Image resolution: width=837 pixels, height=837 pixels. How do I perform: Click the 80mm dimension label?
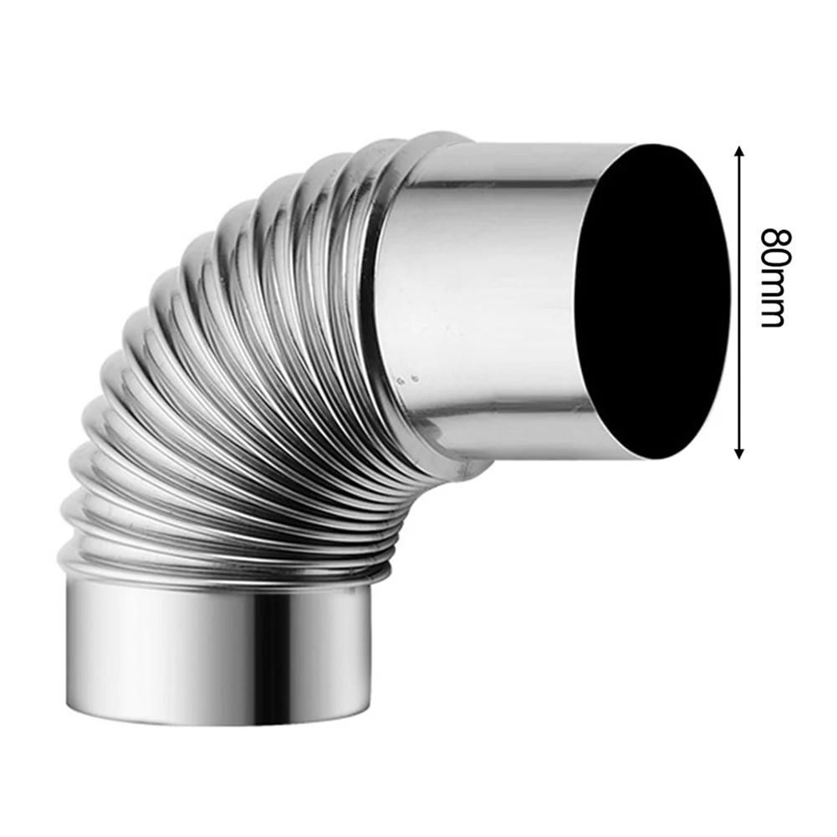coord(771,277)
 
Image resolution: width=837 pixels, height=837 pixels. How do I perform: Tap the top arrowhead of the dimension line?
coord(738,151)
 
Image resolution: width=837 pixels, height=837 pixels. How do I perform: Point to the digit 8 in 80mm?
coord(771,237)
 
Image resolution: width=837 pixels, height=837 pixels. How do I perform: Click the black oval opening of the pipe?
coord(652,301)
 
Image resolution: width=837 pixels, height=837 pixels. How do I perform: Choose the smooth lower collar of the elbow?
coord(217,652)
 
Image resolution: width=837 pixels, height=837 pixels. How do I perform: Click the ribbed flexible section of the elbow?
coord(226,376)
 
